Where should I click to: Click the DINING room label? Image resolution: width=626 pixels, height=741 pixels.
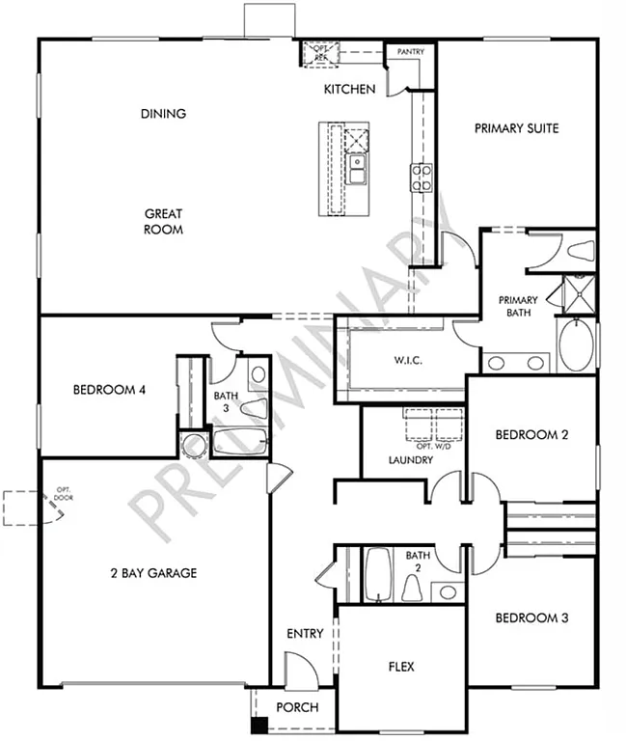pos(163,114)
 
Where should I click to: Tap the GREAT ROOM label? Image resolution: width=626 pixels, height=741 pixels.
pos(163,222)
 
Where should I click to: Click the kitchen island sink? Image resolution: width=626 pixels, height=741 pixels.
pos(357,170)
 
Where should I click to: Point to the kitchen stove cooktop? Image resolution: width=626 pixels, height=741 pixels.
pos(422,176)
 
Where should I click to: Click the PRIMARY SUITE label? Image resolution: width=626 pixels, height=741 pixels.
pos(516,128)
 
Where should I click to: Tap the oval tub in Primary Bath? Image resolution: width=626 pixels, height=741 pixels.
pos(576,345)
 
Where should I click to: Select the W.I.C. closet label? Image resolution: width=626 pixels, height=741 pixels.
pos(409,361)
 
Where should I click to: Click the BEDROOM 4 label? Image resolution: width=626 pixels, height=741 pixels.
pos(109,391)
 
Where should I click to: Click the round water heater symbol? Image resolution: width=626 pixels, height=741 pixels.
pos(193,445)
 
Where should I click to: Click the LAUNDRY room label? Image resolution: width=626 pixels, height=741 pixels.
pos(410,460)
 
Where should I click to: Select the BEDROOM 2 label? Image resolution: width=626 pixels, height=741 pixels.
pos(531,435)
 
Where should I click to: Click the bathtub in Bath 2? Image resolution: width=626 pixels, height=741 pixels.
pos(377,574)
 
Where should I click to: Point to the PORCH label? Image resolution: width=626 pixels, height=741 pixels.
pos(297,707)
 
